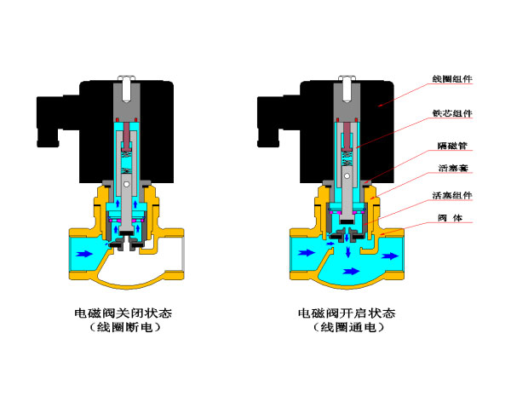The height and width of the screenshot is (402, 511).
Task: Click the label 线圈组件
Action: pyautogui.click(x=452, y=78)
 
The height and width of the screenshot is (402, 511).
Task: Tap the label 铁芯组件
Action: pyautogui.click(x=452, y=113)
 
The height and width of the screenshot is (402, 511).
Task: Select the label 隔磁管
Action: pyautogui.click(x=452, y=146)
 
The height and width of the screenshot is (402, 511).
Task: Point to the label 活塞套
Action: pyautogui.click(x=453, y=168)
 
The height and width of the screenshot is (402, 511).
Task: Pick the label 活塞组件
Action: pyautogui.click(x=452, y=195)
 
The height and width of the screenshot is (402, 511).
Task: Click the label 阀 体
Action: pyautogui.click(x=450, y=217)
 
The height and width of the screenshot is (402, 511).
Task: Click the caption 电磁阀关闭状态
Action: pyautogui.click(x=123, y=313)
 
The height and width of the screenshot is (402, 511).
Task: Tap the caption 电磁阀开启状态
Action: pyautogui.click(x=347, y=313)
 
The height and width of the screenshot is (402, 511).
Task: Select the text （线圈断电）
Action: pyautogui.click(x=125, y=327)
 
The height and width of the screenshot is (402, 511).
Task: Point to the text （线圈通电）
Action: pyautogui.click(x=348, y=327)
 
